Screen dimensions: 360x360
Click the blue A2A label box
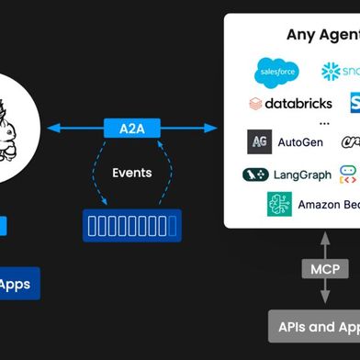tap(132, 128)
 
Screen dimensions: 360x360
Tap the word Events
tap(132, 173)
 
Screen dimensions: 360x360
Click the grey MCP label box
tap(324, 269)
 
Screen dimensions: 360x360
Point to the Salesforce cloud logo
tap(276, 72)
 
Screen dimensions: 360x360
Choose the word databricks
tap(298, 103)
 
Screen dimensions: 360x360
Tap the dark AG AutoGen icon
tap(260, 142)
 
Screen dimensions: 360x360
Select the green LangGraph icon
tap(255, 174)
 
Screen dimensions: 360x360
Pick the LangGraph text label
tap(303, 174)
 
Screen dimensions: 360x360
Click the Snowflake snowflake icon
tap(332, 72)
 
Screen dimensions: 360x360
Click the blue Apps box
tap(17, 284)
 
